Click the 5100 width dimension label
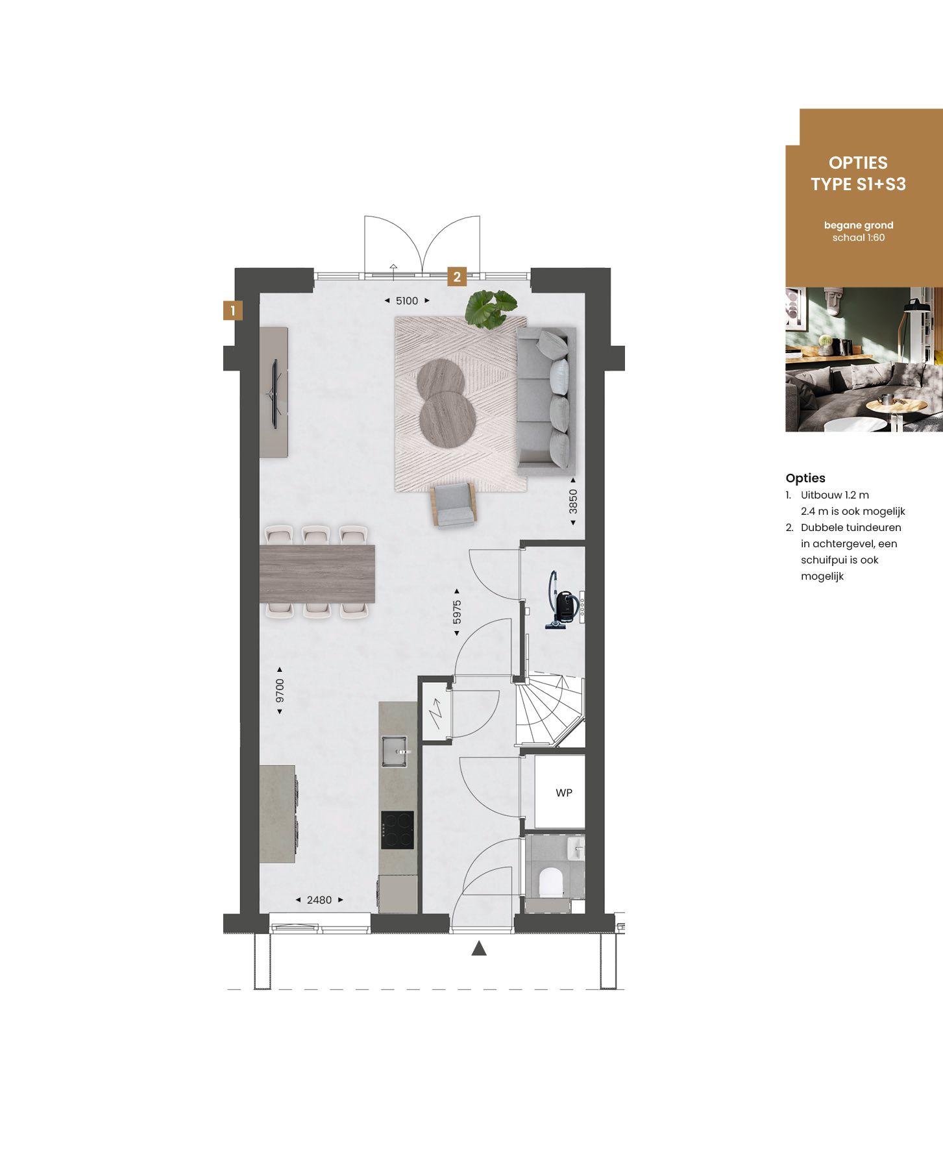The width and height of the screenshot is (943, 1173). tap(407, 301)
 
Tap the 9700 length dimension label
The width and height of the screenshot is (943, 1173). tap(280, 691)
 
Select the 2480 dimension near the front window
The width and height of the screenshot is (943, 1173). tap(319, 900)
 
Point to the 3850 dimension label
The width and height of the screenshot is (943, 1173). tap(573, 501)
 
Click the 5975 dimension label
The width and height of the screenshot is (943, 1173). tap(457, 611)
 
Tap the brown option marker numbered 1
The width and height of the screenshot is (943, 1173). tap(232, 310)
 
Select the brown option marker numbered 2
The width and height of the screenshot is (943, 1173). tap(457, 277)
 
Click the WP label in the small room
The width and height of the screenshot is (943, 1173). tap(563, 793)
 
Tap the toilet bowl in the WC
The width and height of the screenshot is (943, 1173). tap(550, 882)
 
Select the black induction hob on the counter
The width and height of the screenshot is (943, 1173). tap(397, 830)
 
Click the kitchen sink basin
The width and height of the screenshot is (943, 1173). tap(394, 751)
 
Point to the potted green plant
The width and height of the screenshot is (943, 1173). tap(491, 308)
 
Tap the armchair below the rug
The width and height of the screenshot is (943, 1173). tap(453, 505)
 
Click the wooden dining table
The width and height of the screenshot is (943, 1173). tap(317, 574)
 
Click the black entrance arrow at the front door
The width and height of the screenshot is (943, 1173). tap(479, 949)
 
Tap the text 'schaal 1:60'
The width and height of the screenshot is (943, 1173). tap(858, 238)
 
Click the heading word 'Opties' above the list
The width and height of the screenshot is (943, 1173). tap(805, 478)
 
